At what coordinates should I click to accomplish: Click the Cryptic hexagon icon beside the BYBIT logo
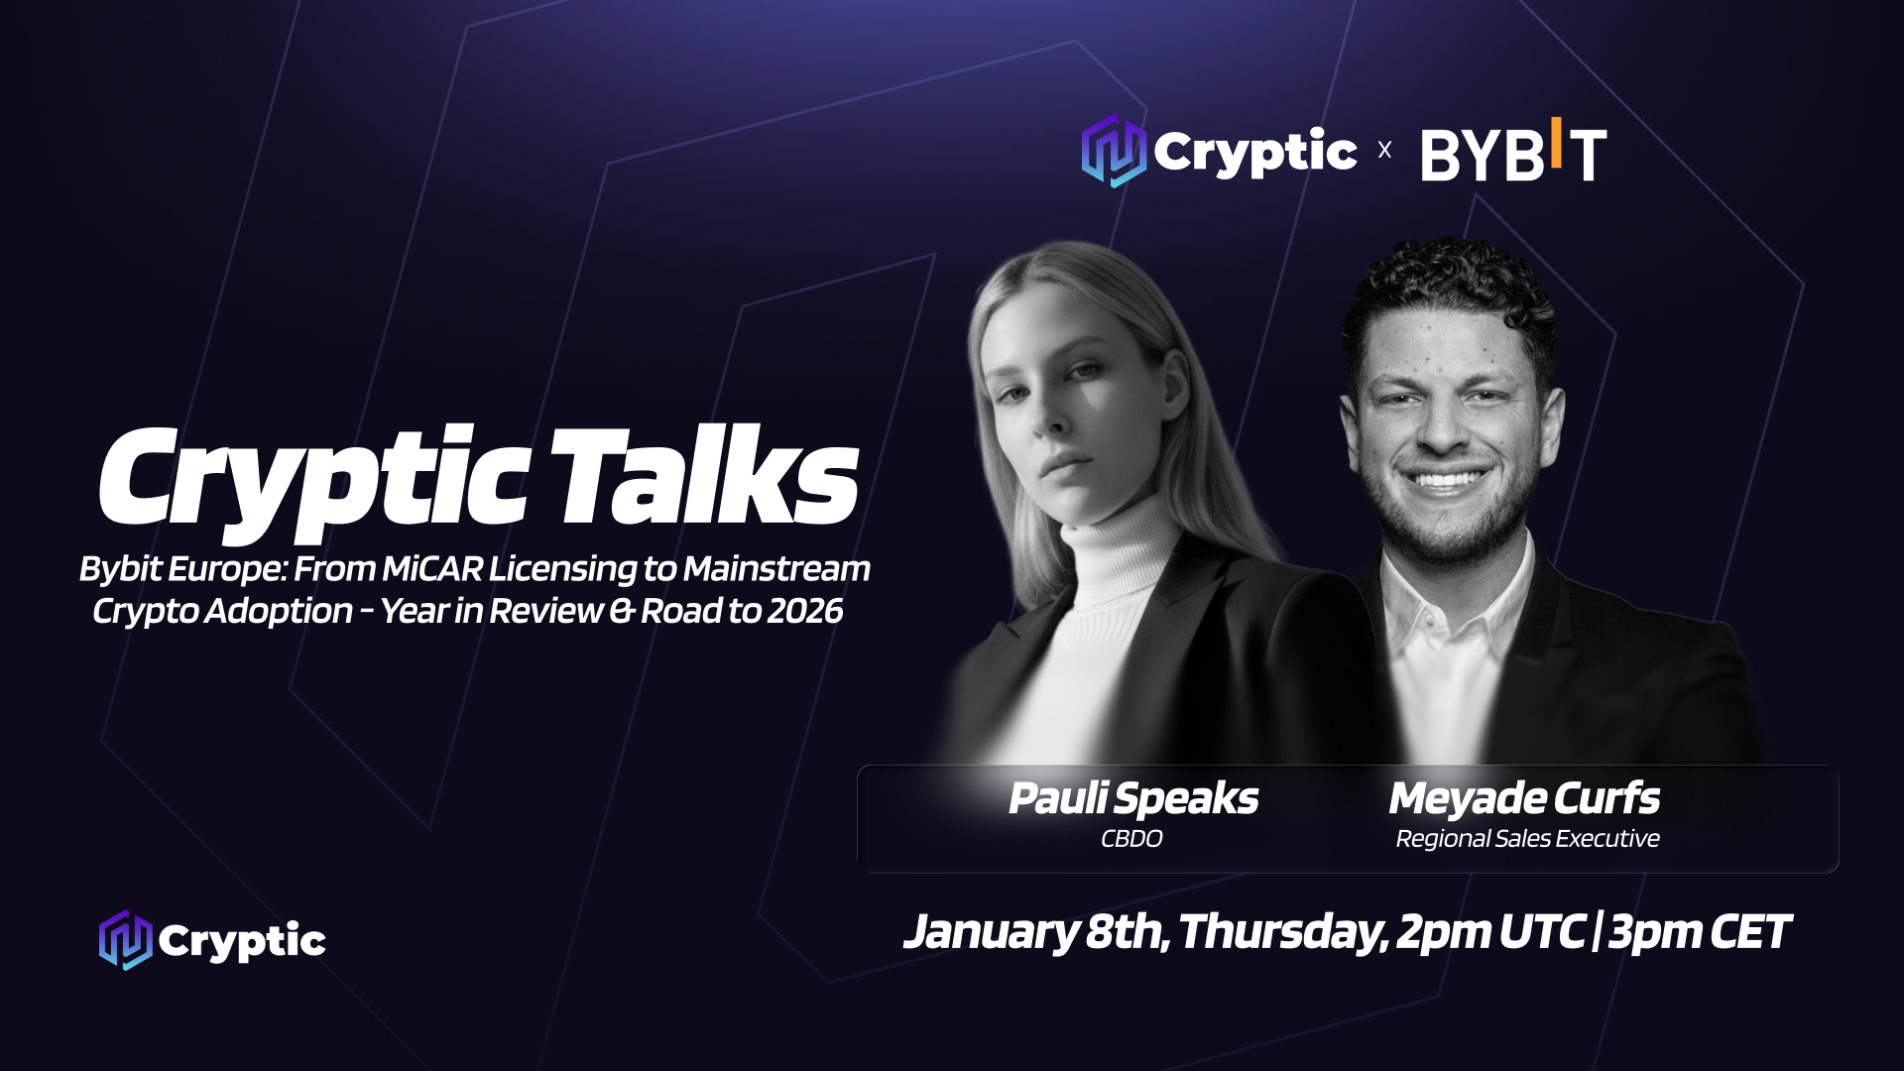[x=1114, y=151]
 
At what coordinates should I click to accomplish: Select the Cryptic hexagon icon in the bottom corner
[x=126, y=940]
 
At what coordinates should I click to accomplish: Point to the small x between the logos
[x=1384, y=150]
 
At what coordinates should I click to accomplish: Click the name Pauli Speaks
[x=1132, y=799]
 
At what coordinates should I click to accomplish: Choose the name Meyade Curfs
[x=1524, y=799]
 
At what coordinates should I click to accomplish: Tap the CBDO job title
[x=1131, y=839]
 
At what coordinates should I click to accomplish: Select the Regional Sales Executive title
[x=1527, y=839]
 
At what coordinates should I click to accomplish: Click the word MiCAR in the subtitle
[x=432, y=569]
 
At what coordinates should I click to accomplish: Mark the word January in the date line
[x=991, y=932]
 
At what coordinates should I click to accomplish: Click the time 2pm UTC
[x=1490, y=932]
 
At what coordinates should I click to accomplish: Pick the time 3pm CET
[x=1699, y=932]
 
